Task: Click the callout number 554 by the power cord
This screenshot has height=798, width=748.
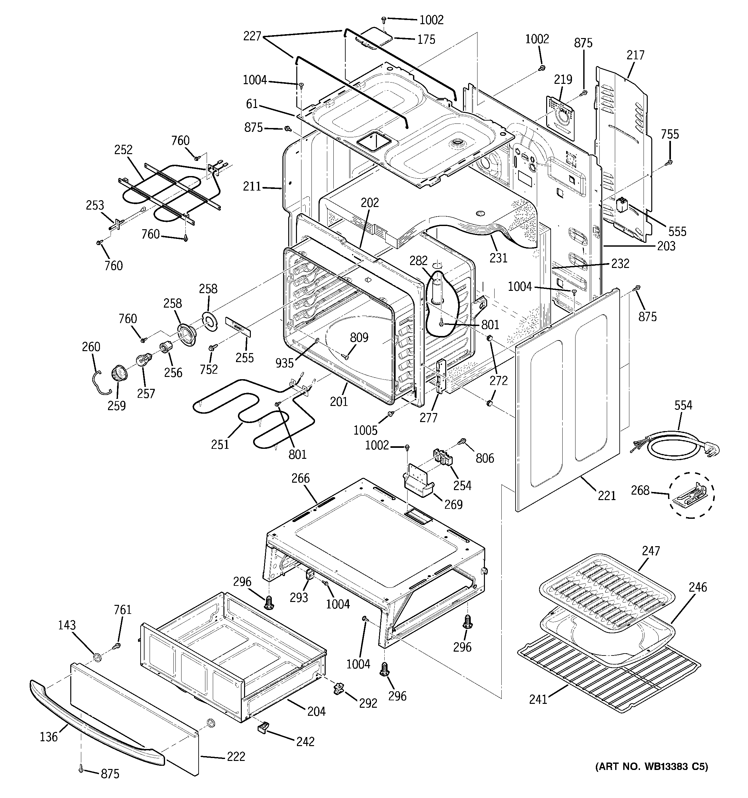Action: tap(683, 405)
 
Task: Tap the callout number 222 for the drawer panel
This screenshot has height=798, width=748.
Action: tap(236, 756)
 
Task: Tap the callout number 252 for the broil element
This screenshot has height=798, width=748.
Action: tap(123, 149)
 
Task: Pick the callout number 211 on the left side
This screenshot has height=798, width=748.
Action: tap(252, 186)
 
